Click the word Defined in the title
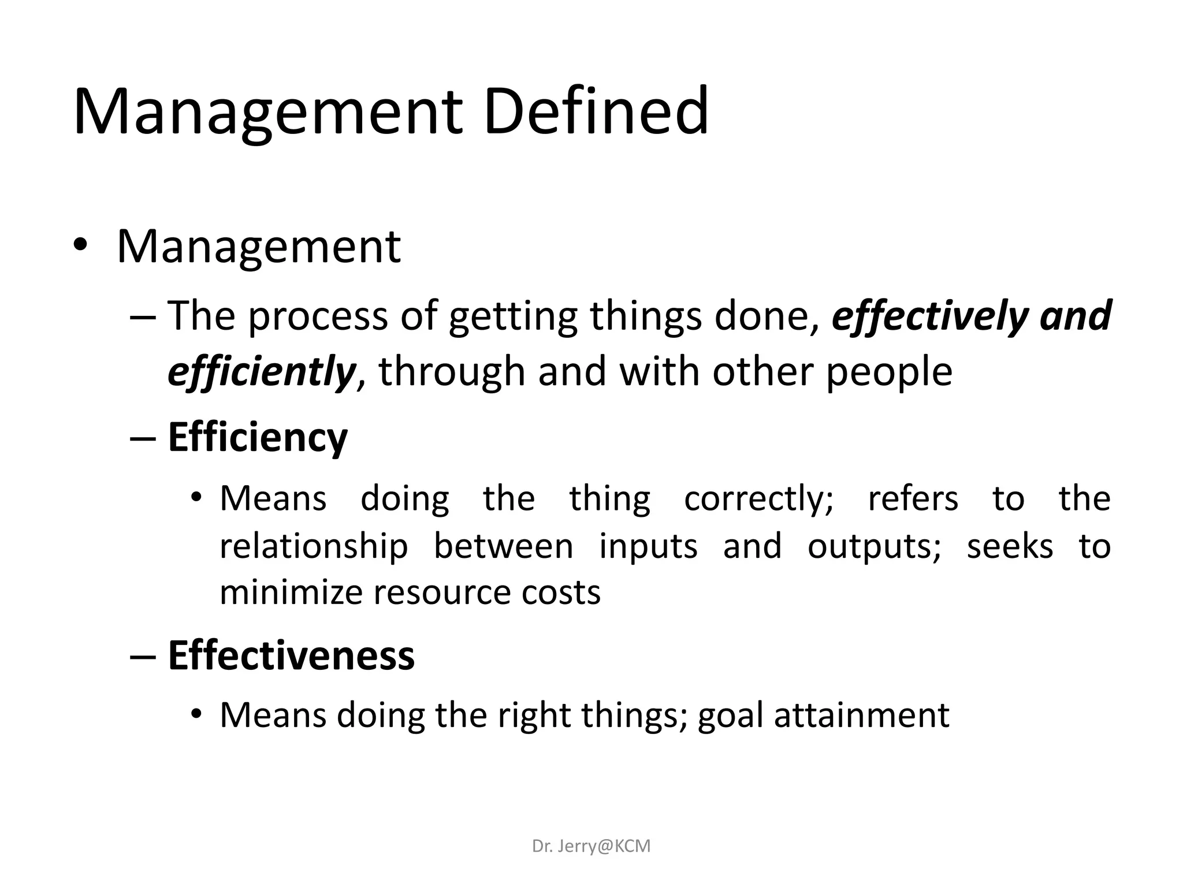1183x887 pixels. tap(596, 111)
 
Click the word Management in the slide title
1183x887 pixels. tap(267, 111)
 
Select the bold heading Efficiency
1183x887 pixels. tap(258, 438)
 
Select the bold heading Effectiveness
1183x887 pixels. tap(291, 655)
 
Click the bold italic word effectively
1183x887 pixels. tap(929, 316)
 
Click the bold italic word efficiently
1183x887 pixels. tap(261, 371)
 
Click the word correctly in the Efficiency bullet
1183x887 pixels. tap(758, 498)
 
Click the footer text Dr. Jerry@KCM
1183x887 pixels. tap(591, 846)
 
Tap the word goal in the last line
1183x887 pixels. tap(730, 715)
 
